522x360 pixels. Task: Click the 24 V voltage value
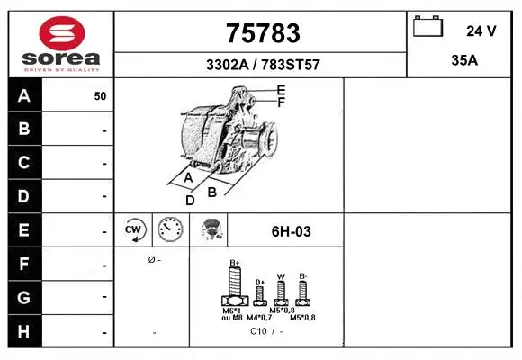(481, 31)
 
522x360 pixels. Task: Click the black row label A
(24, 95)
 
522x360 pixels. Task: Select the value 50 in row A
(100, 96)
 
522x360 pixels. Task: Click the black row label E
(24, 230)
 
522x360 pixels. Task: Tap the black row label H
(24, 330)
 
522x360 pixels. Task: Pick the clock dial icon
(170, 230)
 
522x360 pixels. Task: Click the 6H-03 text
(291, 231)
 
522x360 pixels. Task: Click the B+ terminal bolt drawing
(235, 287)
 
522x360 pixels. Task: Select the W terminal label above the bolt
(281, 276)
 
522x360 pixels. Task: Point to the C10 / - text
(265, 330)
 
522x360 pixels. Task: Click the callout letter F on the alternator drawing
(281, 102)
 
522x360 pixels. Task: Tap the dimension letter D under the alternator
(190, 200)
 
